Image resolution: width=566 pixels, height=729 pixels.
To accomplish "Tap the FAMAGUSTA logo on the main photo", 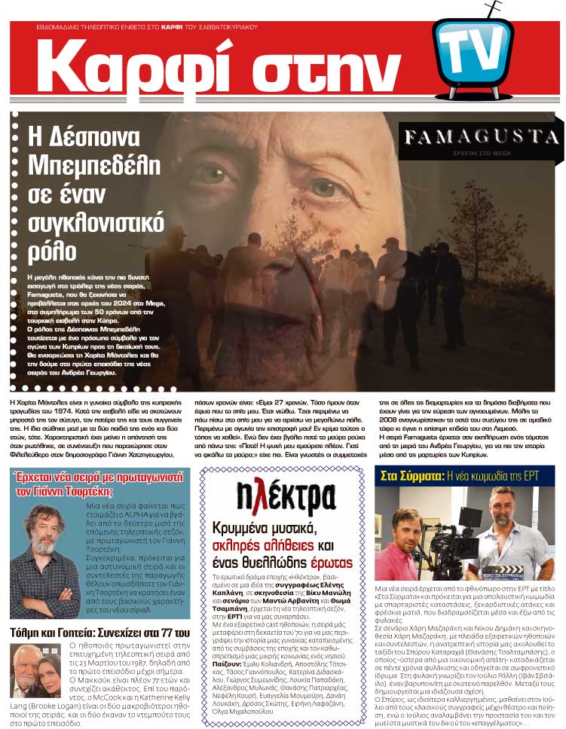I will click(x=480, y=136).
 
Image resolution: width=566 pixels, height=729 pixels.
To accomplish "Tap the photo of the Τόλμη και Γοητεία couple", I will click(x=35, y=670).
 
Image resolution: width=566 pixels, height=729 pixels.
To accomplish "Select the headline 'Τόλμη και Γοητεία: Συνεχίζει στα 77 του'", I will click(x=99, y=632).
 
